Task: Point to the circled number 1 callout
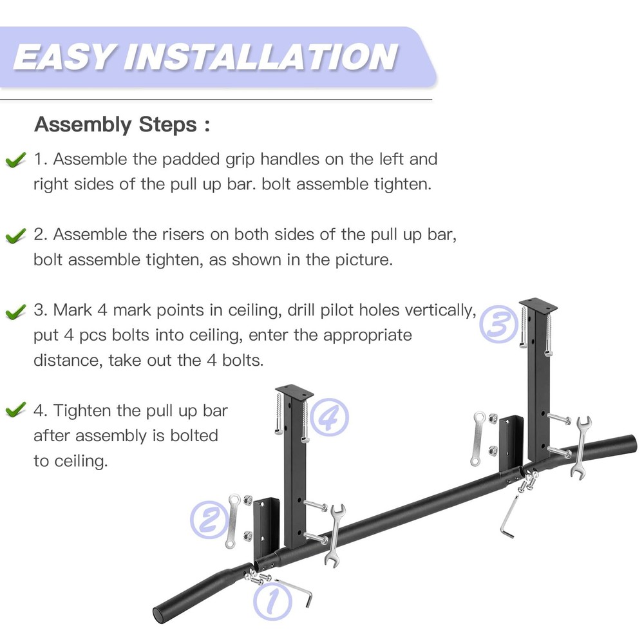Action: [270, 600]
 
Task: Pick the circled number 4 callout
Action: [329, 418]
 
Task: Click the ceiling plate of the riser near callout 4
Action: [294, 391]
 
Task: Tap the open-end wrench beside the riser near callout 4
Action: [337, 533]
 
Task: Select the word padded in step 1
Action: [191, 159]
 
